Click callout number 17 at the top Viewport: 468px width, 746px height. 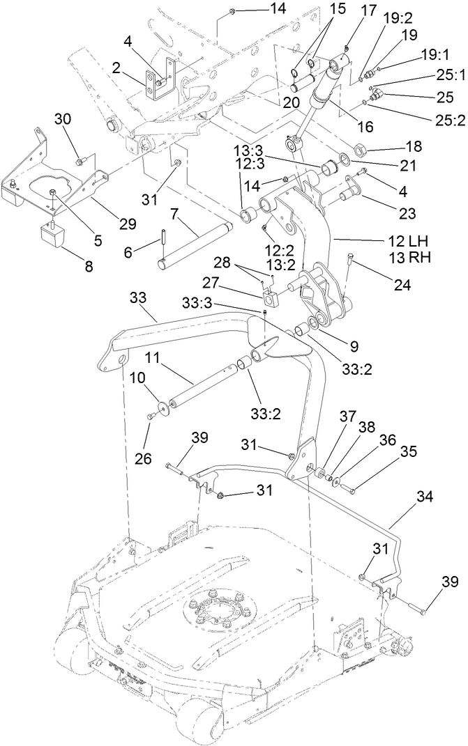(369, 13)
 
